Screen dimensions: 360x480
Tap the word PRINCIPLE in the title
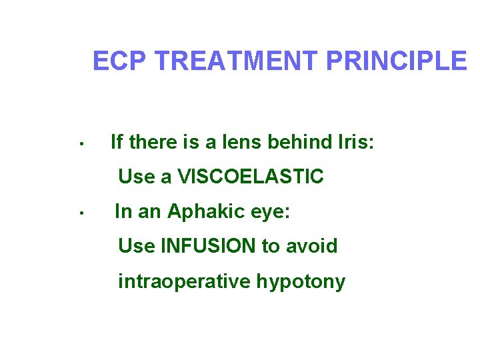pyautogui.click(x=396, y=61)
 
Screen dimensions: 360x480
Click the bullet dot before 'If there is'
pyautogui.click(x=79, y=143)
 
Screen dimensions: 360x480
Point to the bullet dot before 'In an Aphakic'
pyautogui.click(x=79, y=213)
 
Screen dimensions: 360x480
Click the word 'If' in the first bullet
pyautogui.click(x=117, y=142)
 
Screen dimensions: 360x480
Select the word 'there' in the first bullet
pyautogui.click(x=151, y=142)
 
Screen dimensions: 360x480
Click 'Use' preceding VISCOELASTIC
pyautogui.click(x=136, y=177)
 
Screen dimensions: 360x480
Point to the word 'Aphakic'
pyautogui.click(x=197, y=212)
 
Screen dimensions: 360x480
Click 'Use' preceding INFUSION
pyautogui.click(x=136, y=246)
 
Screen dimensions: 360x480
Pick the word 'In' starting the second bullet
pyautogui.click(x=123, y=212)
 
